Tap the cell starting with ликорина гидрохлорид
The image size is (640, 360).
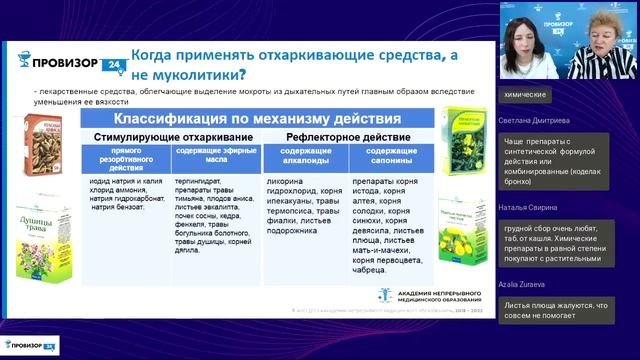point(305,205)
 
